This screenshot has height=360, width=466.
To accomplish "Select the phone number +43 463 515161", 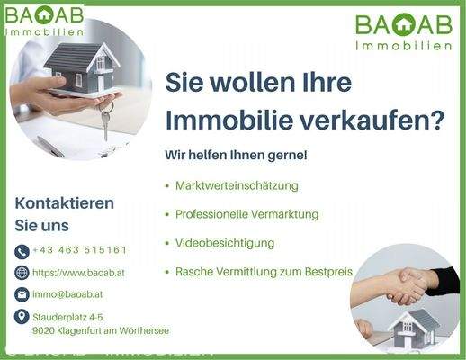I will point(79,249).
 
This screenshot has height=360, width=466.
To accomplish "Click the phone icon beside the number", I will point(22,251).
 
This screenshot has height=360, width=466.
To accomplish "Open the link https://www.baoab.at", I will point(79,272).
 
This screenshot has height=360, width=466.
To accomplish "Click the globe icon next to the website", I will point(22,273).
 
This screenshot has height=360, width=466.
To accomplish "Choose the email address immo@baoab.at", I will point(67,293).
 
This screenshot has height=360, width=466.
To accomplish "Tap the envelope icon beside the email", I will point(22,294).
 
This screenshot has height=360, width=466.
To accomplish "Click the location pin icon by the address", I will point(22,317).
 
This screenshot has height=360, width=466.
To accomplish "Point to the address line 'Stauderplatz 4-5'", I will point(67,317).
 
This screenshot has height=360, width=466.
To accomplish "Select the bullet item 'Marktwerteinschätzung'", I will point(237,185).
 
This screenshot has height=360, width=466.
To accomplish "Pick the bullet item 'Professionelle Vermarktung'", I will point(246,214).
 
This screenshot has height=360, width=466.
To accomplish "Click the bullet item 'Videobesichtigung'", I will point(225,243).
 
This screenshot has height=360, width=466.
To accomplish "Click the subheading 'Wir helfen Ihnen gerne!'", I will point(236,155).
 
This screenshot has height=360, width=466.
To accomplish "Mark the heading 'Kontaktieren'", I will point(64,202).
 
